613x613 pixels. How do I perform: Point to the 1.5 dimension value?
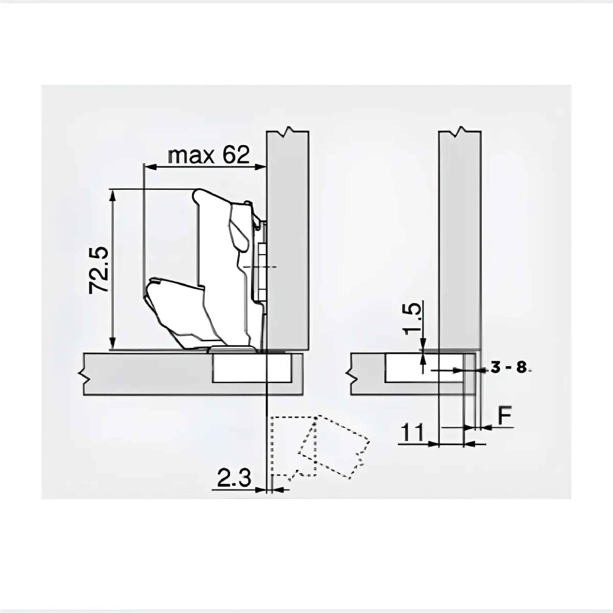(x=412, y=318)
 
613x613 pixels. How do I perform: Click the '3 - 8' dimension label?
(x=508, y=368)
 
